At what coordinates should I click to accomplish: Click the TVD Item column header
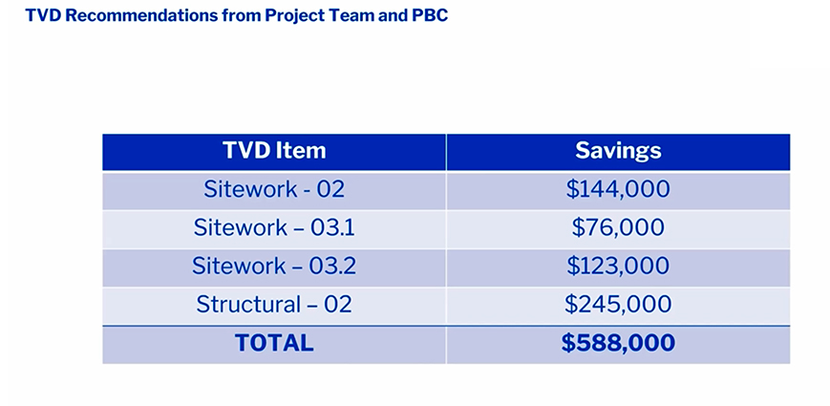274,151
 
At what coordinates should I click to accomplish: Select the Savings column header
618,151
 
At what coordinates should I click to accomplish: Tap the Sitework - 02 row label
274,189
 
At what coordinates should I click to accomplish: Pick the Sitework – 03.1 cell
274,227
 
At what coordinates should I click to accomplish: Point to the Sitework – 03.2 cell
274,266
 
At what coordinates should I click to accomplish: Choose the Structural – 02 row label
274,305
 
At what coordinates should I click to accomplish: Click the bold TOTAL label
274,343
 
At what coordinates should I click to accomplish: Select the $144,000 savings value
618,189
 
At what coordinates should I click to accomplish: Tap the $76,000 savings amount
618,227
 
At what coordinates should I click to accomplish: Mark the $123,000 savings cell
618,266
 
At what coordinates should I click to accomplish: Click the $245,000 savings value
618,305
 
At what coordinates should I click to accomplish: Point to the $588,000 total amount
618,343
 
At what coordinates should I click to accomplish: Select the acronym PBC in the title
430,15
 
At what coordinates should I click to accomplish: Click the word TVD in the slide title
43,15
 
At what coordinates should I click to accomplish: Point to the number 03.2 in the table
332,266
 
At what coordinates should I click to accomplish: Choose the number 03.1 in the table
332,227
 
